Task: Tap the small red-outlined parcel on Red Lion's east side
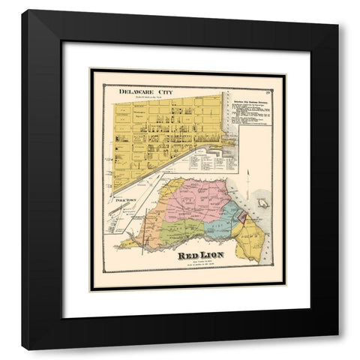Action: click(241, 216)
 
